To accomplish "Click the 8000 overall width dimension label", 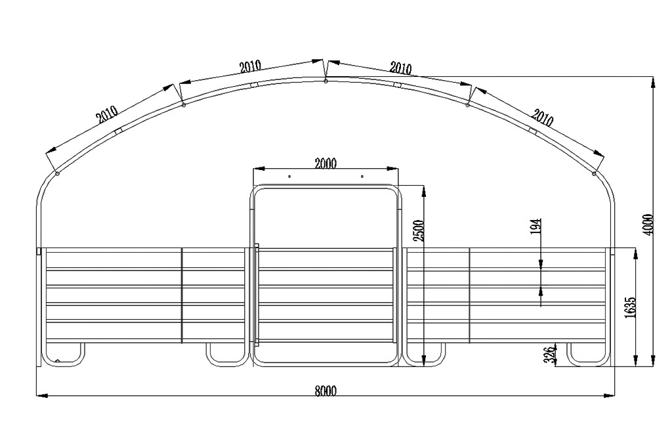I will pos(325,390).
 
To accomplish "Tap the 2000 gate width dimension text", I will pos(325,164).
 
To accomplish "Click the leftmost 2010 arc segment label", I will pos(106,115).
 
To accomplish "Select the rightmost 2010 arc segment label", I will pos(542,118).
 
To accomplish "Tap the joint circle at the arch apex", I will pos(325,81).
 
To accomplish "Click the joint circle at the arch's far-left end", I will pos(58,173).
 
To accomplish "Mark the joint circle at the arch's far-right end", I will pos(594,173).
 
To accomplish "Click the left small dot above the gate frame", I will pos(289,177).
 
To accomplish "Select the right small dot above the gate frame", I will pos(362,177).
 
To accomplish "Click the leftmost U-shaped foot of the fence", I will pos(64,355).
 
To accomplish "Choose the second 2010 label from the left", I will pos(250,66).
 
